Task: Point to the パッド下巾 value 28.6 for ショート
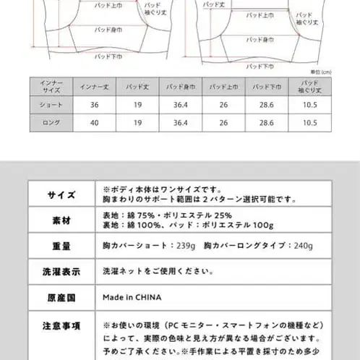pyautogui.click(x=262, y=105)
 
